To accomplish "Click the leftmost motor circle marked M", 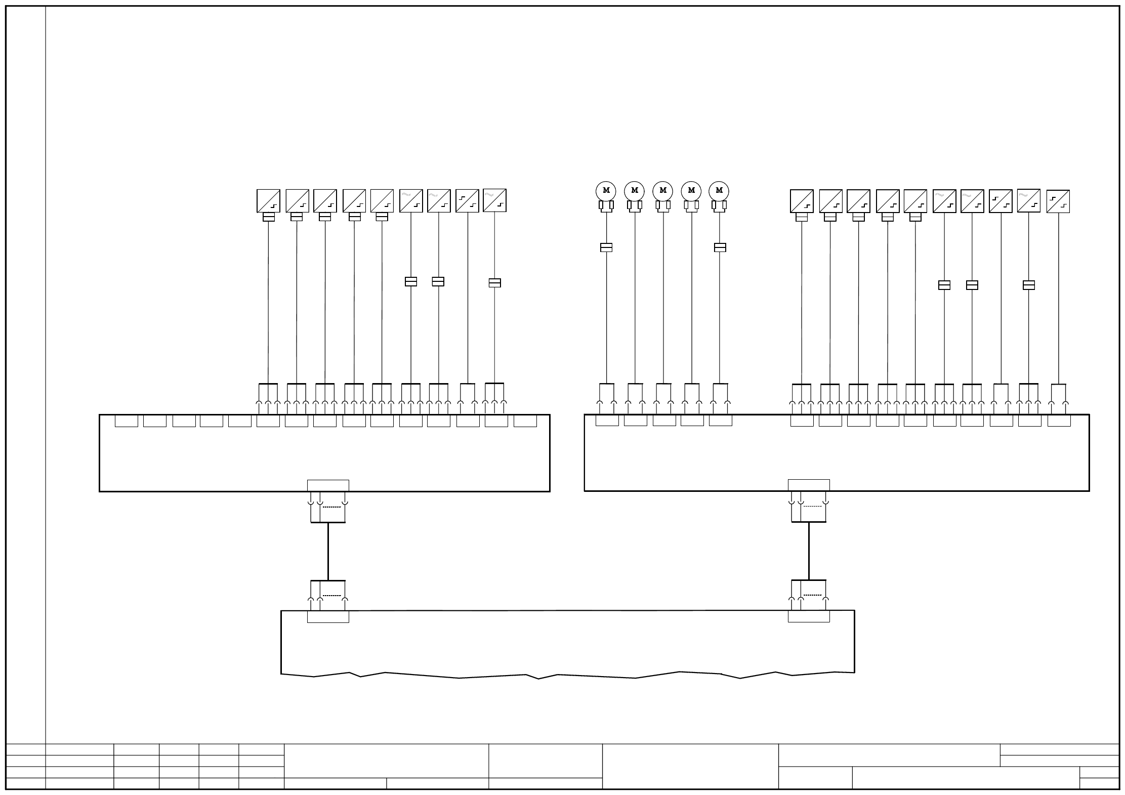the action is (606, 191).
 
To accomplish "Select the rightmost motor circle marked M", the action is (719, 191).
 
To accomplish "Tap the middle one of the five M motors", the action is (662, 191).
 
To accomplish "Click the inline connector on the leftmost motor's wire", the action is (606, 247).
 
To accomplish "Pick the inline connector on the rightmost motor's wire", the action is (720, 247).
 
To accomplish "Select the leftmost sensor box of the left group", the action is (268, 201).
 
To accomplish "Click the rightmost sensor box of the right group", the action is (1058, 201).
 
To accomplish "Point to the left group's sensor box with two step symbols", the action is (467, 201).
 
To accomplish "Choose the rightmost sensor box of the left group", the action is (494, 201).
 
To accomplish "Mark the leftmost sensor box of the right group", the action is (802, 201).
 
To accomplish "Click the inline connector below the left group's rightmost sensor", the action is (494, 283).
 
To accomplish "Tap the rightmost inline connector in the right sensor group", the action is (1028, 285).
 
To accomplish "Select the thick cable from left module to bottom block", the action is (328, 551).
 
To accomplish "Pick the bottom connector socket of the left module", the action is (328, 485).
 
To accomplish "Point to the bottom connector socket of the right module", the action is (809, 485).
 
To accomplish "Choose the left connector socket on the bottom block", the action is (328, 616).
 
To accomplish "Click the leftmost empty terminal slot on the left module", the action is (127, 421).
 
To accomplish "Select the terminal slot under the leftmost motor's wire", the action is (607, 421).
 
